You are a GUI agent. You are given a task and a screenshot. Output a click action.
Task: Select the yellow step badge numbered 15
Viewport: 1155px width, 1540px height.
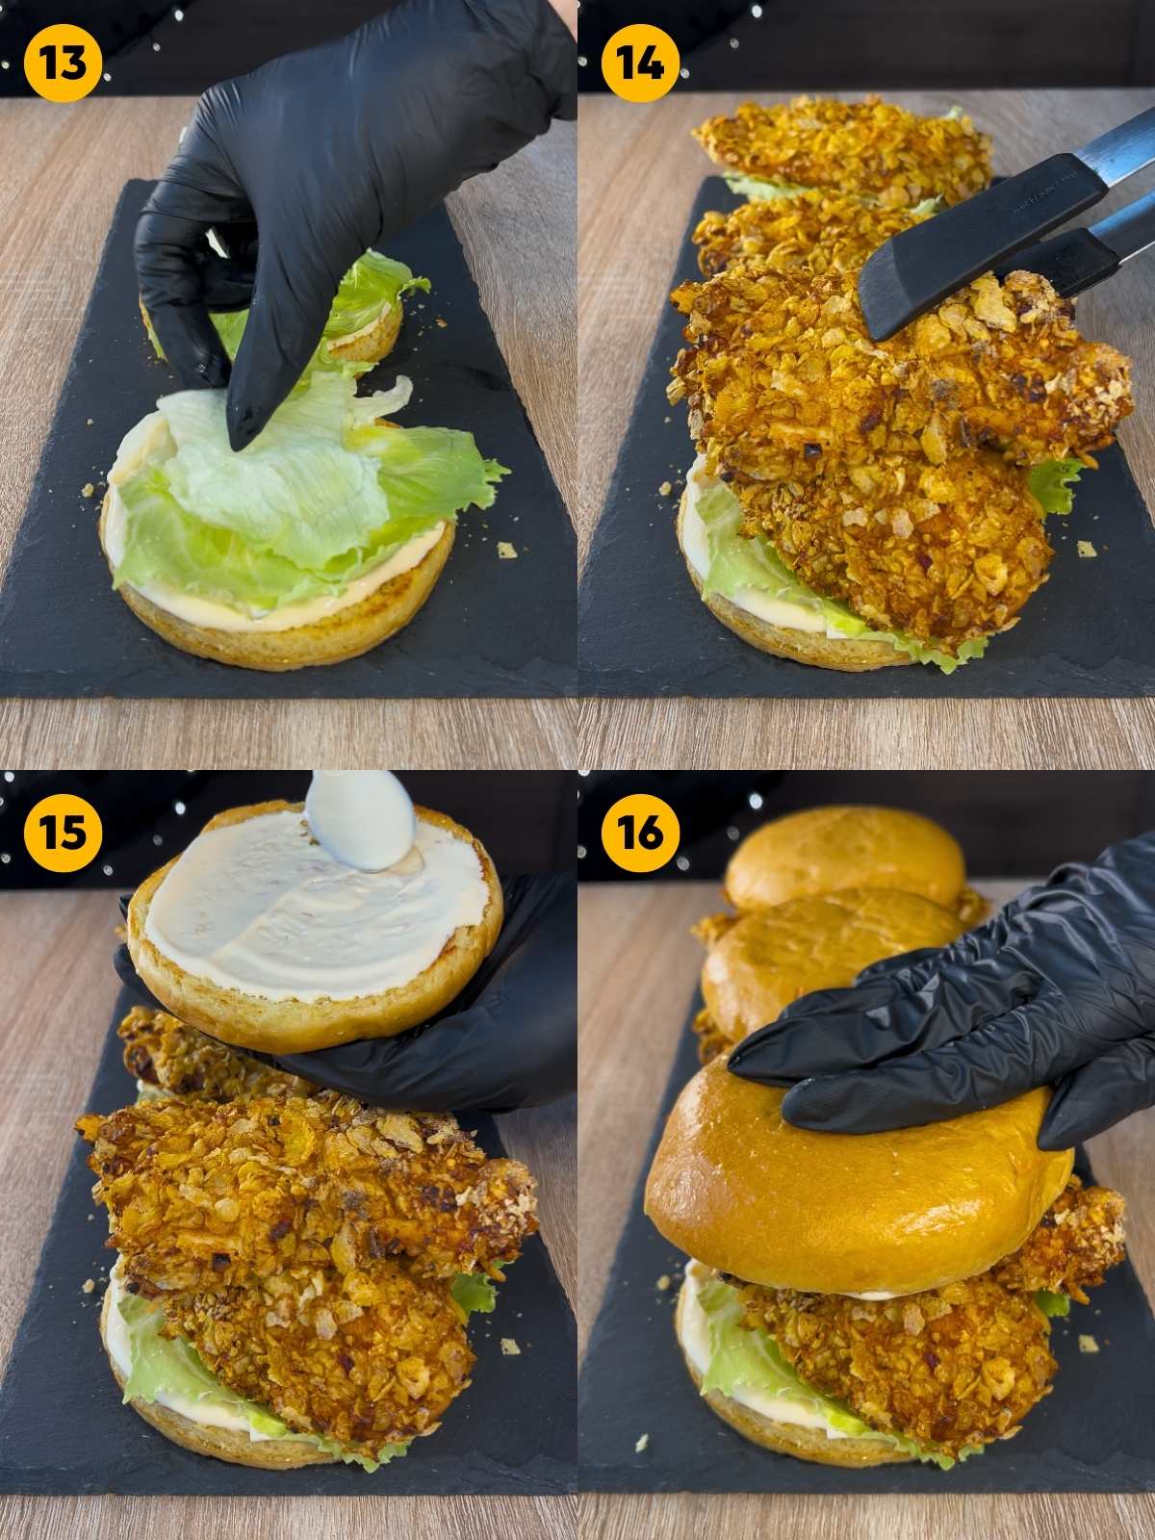[63, 833]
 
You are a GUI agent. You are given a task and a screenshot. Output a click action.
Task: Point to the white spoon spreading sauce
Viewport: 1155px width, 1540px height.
[358, 828]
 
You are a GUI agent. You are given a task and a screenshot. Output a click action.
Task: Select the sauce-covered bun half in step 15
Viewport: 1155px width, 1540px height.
[318, 924]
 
